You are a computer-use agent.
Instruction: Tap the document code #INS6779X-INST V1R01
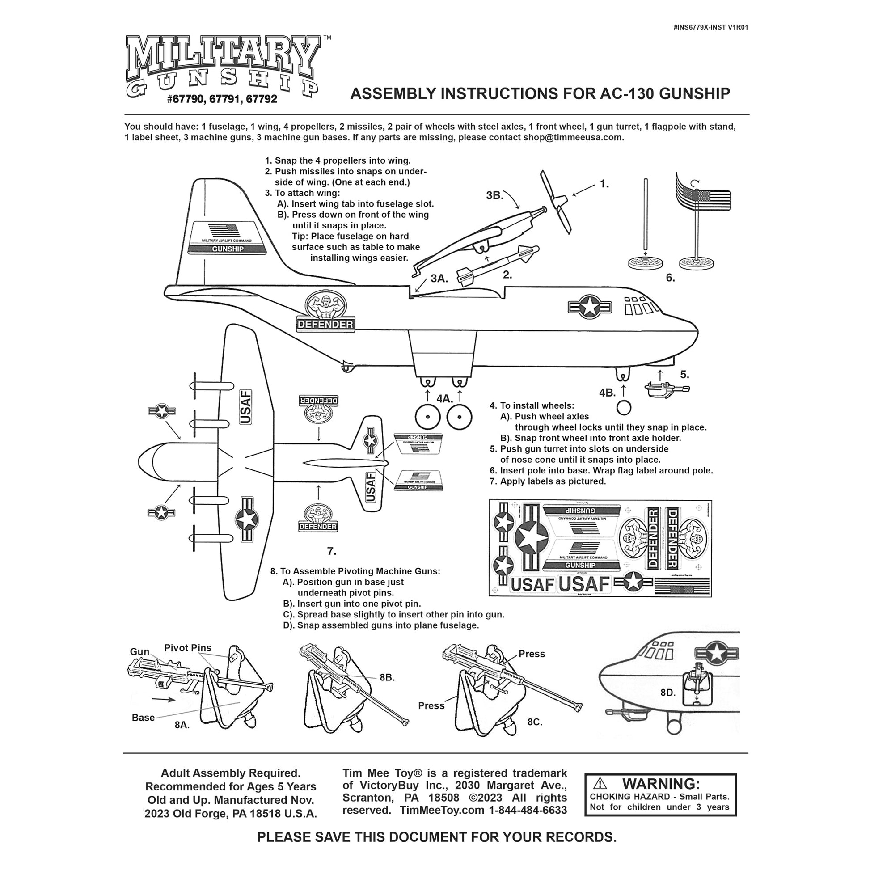click(x=710, y=27)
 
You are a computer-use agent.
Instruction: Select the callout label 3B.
click(x=494, y=195)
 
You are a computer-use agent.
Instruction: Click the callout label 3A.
click(x=439, y=278)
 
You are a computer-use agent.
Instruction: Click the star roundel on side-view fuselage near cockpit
click(x=589, y=307)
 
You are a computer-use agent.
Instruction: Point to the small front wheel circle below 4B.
click(x=624, y=408)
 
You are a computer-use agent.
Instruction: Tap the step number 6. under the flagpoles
click(x=670, y=278)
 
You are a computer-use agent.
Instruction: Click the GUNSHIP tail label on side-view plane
click(x=228, y=249)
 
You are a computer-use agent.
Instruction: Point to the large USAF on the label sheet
click(x=584, y=584)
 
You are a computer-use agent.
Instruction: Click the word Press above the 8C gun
click(x=532, y=654)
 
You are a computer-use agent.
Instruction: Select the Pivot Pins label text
click(x=187, y=648)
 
